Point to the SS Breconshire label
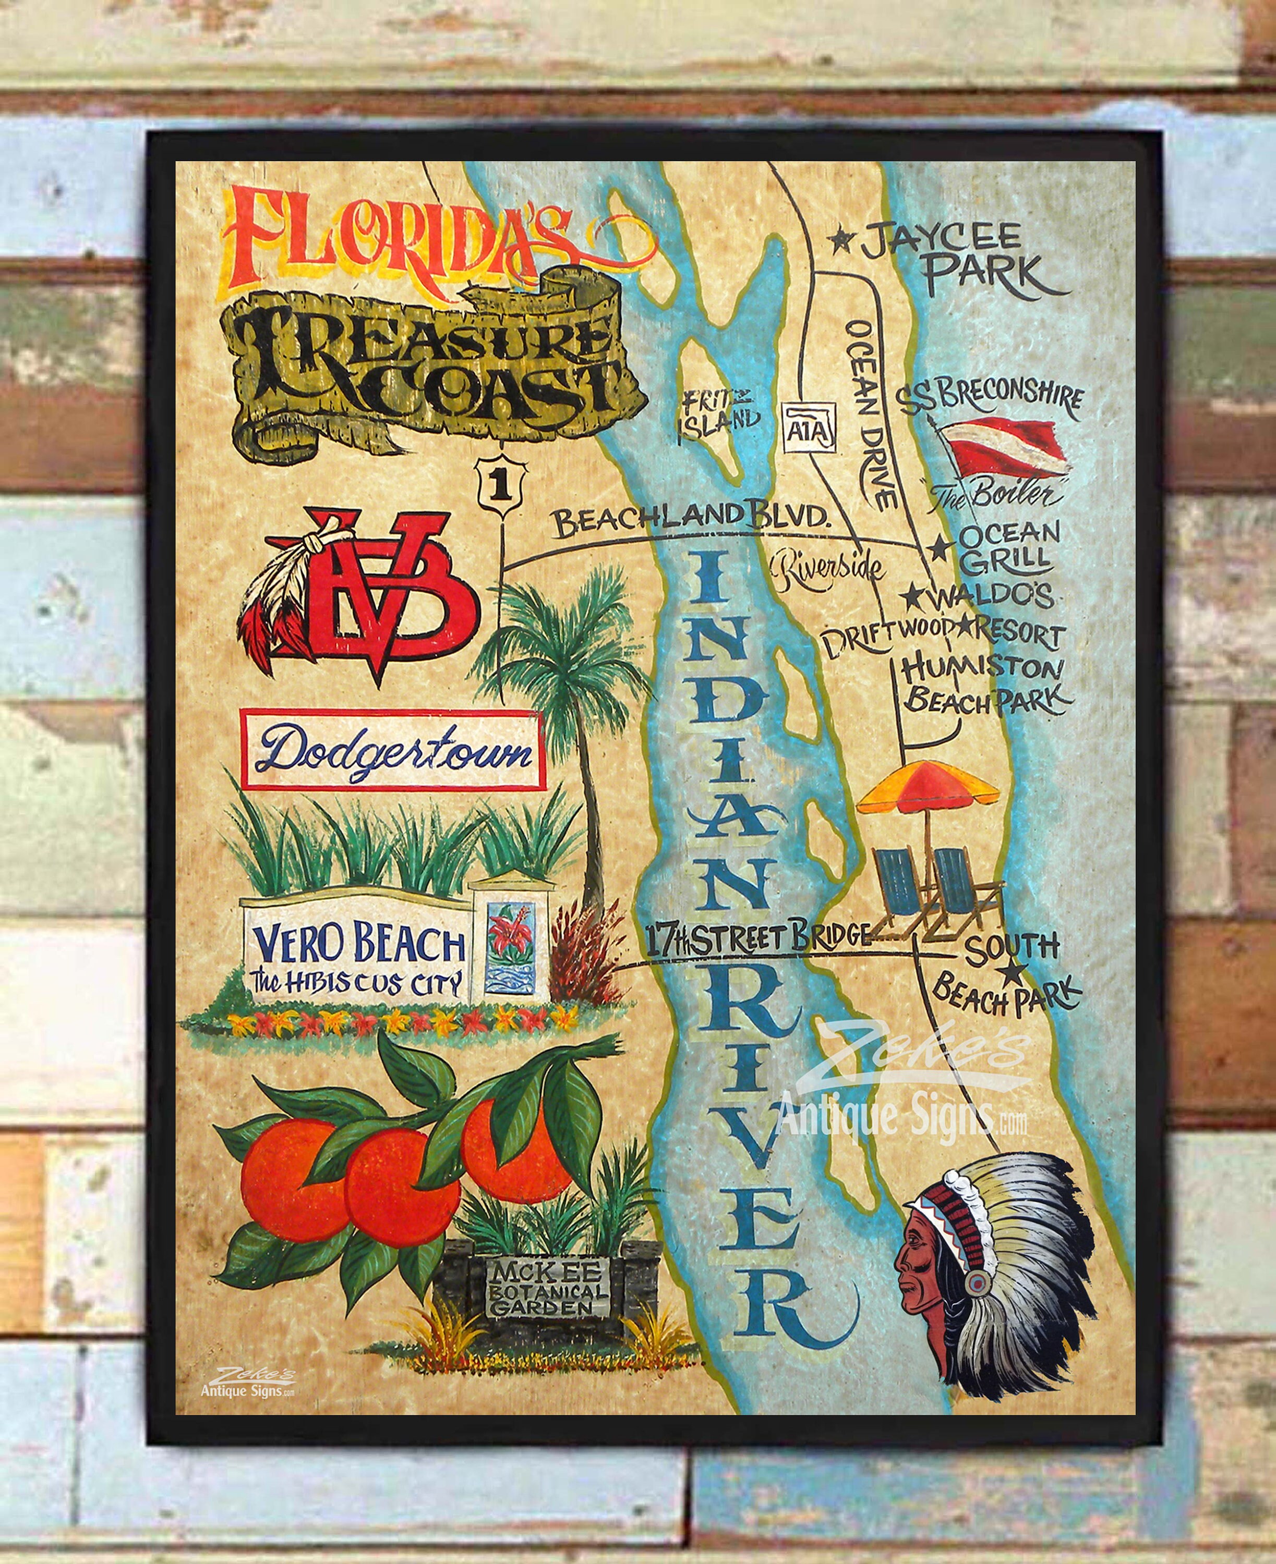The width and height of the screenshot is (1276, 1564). click(989, 397)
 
